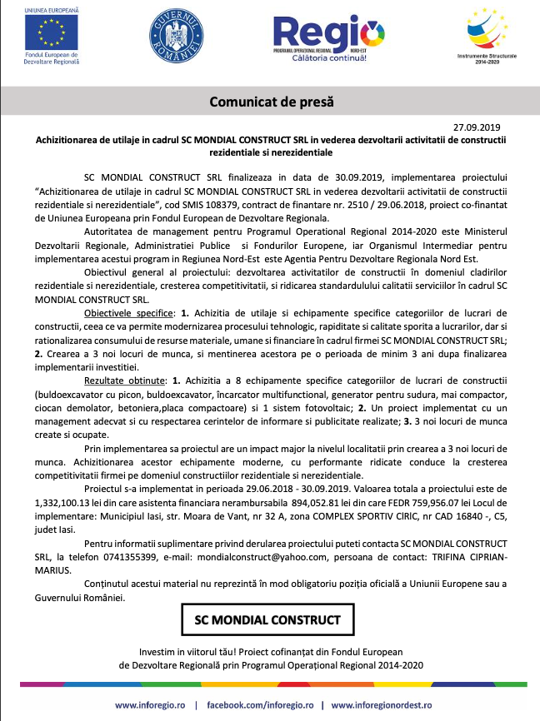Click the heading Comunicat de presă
(270, 102)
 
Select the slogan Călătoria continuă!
(327, 59)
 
